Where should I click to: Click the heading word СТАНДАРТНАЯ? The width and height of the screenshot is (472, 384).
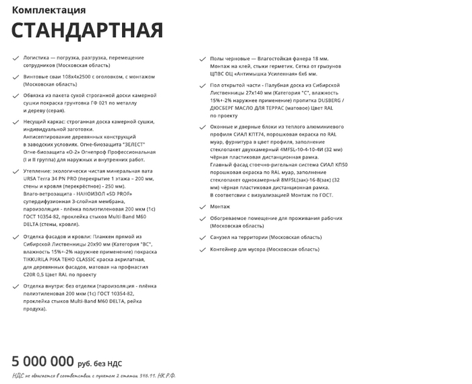tap(87, 30)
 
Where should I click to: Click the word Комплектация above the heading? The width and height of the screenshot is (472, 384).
tap(49, 10)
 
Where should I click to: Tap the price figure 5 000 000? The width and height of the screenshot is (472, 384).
tap(42, 361)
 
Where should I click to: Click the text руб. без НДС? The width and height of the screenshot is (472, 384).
tap(100, 363)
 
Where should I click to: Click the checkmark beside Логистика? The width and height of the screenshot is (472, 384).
tap(16, 59)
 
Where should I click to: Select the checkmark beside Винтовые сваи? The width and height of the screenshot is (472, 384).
tap(16, 78)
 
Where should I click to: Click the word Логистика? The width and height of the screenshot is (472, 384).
tap(37, 59)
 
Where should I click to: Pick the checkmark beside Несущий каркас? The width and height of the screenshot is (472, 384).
tap(16, 121)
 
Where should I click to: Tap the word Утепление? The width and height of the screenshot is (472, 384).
tap(39, 171)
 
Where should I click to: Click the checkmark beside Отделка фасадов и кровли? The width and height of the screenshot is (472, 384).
tap(16, 237)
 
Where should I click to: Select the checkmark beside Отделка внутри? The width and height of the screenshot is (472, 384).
tap(16, 287)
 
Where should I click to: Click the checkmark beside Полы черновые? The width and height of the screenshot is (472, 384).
tap(203, 59)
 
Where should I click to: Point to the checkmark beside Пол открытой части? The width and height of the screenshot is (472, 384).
tap(203, 86)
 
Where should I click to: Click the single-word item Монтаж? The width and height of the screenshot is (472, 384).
tap(220, 207)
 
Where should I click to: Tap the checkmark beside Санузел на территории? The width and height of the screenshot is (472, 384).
tap(203, 238)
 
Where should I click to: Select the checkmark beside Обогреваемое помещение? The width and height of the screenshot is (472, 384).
tap(203, 218)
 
